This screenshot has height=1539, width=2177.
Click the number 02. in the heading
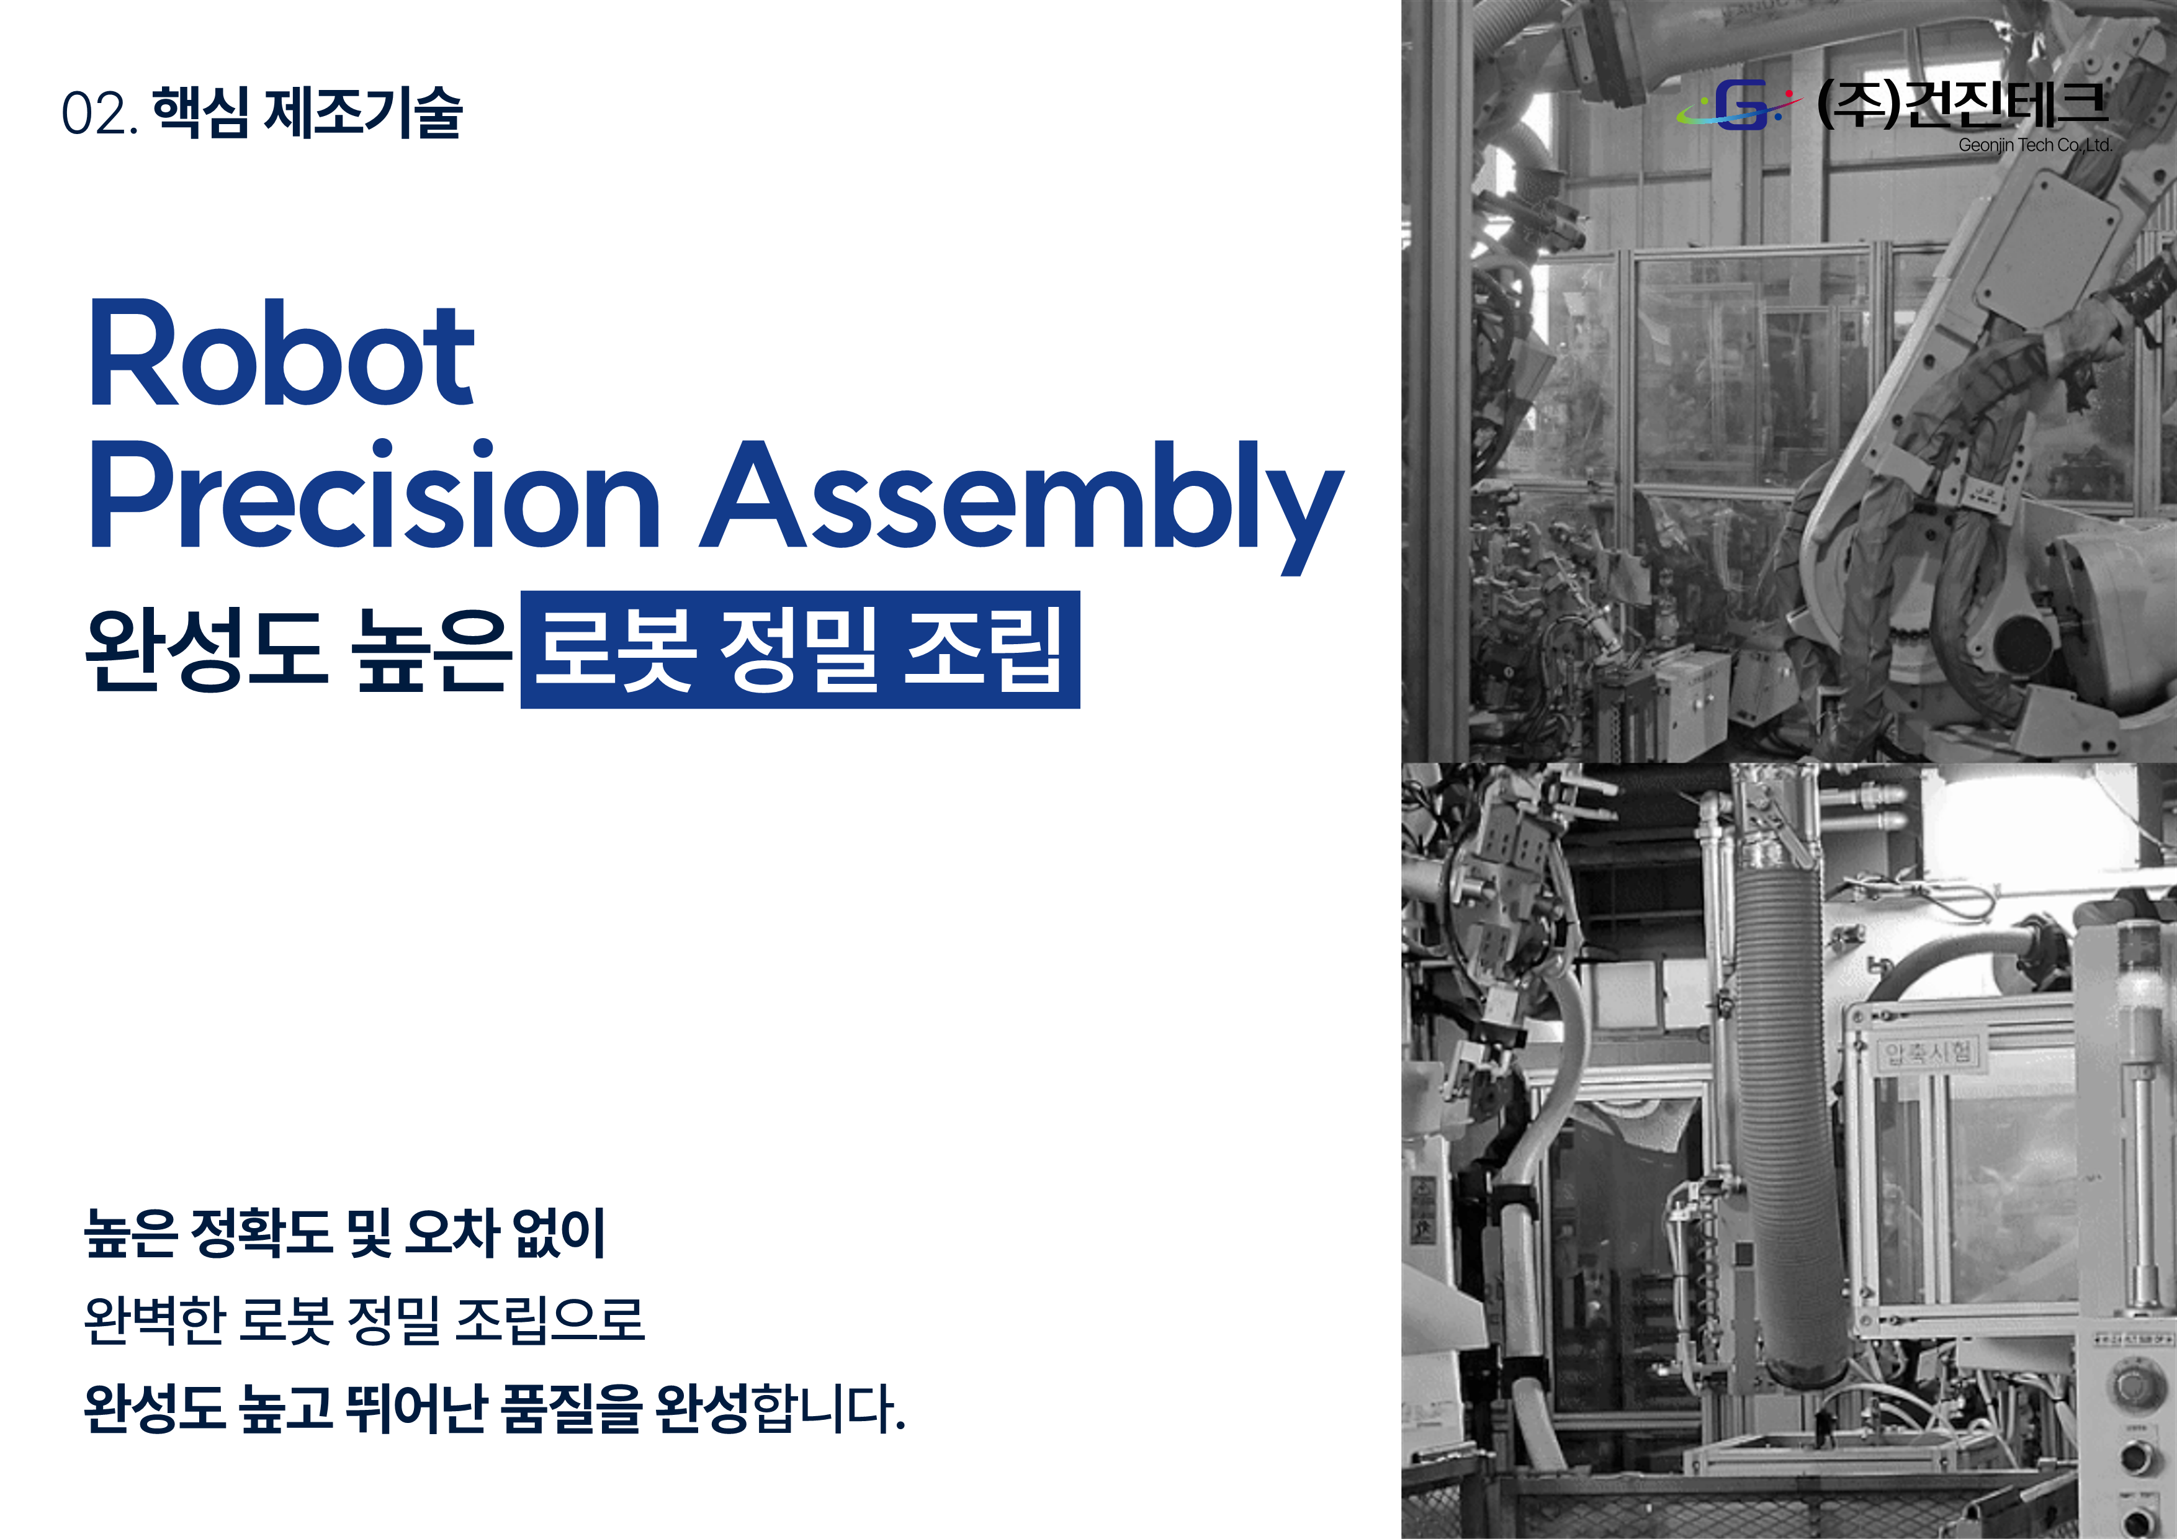pos(99,114)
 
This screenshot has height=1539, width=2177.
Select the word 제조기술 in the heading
pos(363,112)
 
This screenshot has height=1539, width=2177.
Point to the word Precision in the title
pos(375,494)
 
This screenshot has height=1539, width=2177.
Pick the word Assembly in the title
pos(1022,506)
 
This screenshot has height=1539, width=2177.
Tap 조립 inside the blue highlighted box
pos(983,650)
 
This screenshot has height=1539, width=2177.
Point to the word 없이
pos(559,1232)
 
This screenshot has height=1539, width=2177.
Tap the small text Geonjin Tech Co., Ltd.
pos(2036,145)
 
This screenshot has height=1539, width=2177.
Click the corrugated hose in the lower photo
pos(1787,1119)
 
